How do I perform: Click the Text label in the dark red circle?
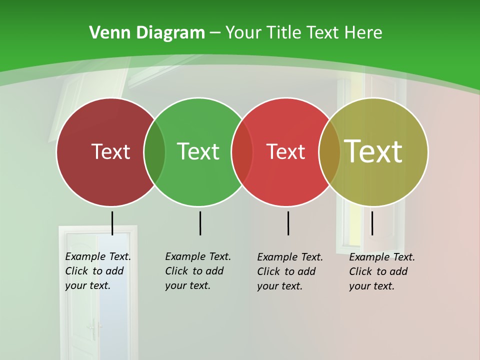110,151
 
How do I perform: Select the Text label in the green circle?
198,151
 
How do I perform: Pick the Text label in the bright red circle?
285,151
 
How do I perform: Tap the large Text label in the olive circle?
373,151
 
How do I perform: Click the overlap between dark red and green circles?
154,151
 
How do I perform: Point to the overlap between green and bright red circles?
242,151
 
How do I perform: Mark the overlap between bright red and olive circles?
329,151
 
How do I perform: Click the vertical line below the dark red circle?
112,223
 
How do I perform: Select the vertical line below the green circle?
200,223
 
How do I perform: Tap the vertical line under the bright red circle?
288,223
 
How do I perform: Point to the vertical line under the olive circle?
372,223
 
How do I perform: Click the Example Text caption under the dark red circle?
97,271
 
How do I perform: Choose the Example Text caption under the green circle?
197,271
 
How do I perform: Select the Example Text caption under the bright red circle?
289,271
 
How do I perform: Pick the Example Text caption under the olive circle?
381,271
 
